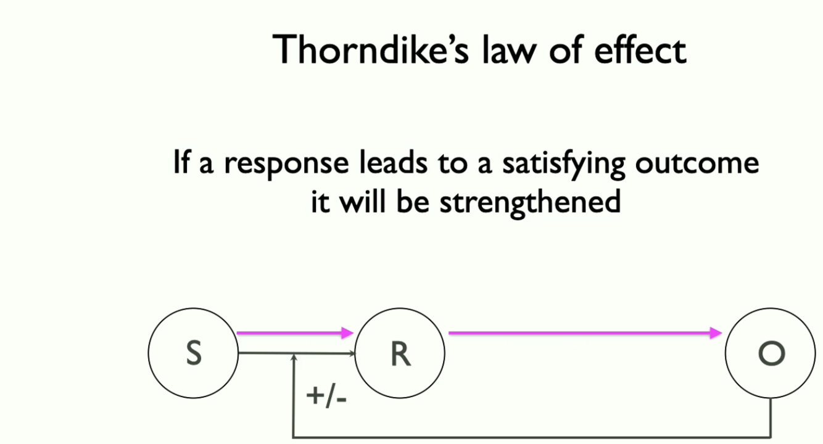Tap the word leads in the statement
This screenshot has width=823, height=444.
(x=392, y=163)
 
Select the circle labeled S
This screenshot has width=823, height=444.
(x=193, y=353)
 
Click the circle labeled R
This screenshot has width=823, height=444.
(x=400, y=353)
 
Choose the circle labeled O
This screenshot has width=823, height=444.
(x=771, y=353)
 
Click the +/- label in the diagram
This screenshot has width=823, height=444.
(x=326, y=396)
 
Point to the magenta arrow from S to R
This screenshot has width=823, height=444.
(x=293, y=334)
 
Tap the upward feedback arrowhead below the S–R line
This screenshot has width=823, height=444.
(x=295, y=358)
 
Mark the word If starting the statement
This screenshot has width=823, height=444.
(x=181, y=163)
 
